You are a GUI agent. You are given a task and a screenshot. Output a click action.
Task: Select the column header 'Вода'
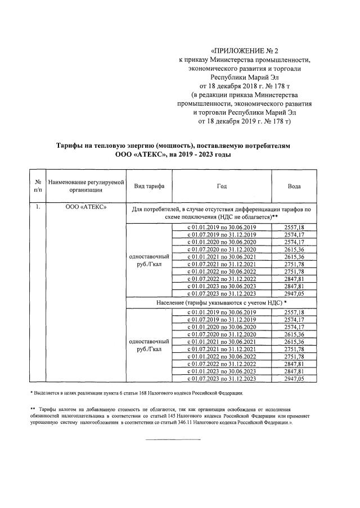(294, 186)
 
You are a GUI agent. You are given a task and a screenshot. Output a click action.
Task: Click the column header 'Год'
(221, 186)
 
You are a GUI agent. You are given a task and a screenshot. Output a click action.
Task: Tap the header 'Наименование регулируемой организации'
(85, 186)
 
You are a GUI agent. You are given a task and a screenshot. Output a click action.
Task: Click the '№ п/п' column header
(37, 186)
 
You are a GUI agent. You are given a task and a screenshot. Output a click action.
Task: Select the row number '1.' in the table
(37, 207)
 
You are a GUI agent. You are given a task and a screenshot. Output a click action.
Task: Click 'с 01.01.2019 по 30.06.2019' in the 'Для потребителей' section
(221, 226)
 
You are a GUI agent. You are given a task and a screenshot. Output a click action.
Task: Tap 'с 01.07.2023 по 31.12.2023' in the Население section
(221, 379)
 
